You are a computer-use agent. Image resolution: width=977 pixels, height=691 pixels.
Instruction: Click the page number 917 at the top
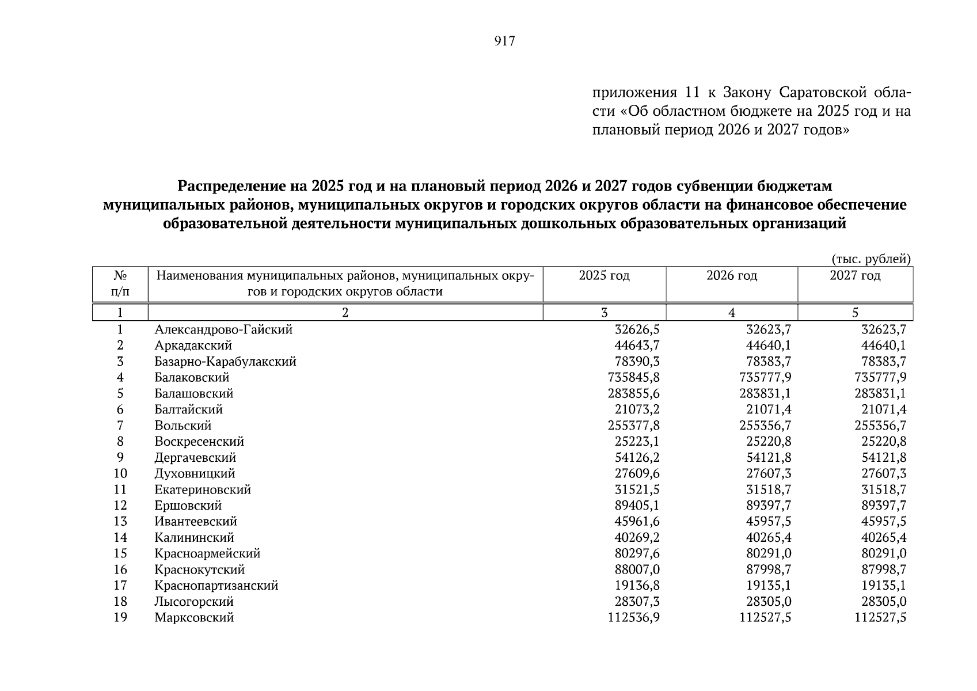point(504,41)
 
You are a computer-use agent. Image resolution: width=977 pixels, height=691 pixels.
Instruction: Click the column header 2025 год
point(604,276)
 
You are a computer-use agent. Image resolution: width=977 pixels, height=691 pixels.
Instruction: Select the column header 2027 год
point(855,276)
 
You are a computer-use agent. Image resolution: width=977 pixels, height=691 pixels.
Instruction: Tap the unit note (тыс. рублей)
point(871,259)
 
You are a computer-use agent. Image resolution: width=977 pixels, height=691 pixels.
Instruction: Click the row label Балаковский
point(192,378)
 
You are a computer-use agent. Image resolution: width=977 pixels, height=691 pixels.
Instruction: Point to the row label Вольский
point(183,426)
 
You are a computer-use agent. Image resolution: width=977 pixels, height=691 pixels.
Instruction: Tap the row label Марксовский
point(194,617)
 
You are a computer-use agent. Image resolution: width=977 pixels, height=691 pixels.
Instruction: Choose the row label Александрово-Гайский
point(223,329)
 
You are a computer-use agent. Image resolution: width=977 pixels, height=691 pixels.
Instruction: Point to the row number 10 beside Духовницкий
point(120,473)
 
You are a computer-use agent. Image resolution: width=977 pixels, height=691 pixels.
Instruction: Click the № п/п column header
point(120,283)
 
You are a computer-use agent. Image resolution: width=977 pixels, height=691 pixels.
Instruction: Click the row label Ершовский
point(188,506)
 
